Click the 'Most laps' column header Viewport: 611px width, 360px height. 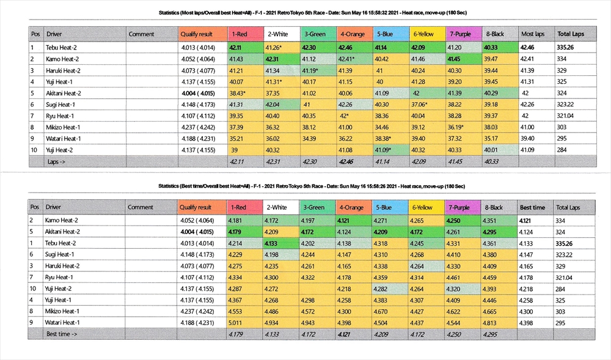[x=532, y=34]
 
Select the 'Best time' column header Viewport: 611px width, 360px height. [x=532, y=207]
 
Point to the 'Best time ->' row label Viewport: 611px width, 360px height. [x=62, y=334]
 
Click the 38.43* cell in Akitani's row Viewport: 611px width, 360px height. [x=238, y=93]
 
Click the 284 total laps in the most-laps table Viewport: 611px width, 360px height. [x=562, y=150]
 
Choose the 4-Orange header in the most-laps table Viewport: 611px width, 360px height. [x=353, y=34]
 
